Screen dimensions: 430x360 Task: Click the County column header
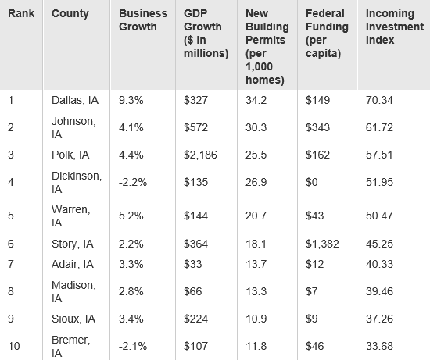[70, 14]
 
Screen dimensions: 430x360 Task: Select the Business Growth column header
[143, 20]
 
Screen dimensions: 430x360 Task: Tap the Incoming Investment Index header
[395, 27]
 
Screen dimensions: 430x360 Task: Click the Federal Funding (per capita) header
[327, 34]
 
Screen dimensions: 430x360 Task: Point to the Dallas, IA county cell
[75, 100]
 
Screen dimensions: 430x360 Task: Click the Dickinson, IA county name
[77, 183]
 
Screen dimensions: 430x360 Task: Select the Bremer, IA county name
[70, 346]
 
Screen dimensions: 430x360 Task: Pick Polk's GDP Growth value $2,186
[200, 155]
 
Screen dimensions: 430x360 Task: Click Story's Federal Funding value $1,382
[322, 244]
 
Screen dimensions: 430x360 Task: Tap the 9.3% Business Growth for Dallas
[131, 100]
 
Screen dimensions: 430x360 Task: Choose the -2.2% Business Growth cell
[133, 182]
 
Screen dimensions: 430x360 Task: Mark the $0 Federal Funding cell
[311, 182]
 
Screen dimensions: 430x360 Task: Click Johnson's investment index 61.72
[379, 127]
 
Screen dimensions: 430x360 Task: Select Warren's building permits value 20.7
[256, 216]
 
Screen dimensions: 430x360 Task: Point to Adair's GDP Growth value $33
[193, 264]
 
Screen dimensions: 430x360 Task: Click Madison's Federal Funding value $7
[311, 291]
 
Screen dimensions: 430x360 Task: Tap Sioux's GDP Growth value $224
[195, 319]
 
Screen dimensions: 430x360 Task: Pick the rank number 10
[14, 346]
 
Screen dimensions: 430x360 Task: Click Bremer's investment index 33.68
[379, 346]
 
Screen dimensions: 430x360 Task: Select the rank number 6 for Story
[11, 244]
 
